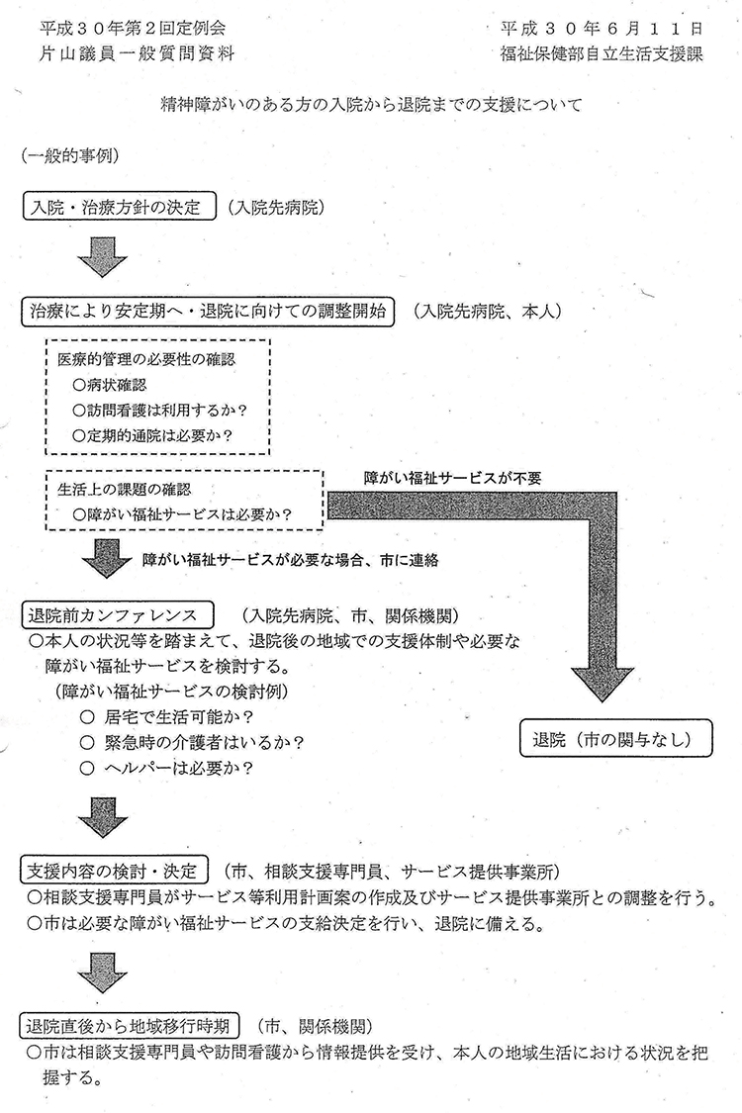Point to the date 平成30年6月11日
pos(602,29)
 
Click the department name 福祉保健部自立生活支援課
pos(602,54)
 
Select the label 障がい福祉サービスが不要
pos(452,479)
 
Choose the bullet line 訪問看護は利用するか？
pos(159,411)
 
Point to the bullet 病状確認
pos(110,386)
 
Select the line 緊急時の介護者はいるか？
pos(192,742)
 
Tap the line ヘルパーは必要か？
pos(167,768)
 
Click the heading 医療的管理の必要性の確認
pos(146,359)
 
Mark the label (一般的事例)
pos(70,155)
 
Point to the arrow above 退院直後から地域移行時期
pos(103,973)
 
